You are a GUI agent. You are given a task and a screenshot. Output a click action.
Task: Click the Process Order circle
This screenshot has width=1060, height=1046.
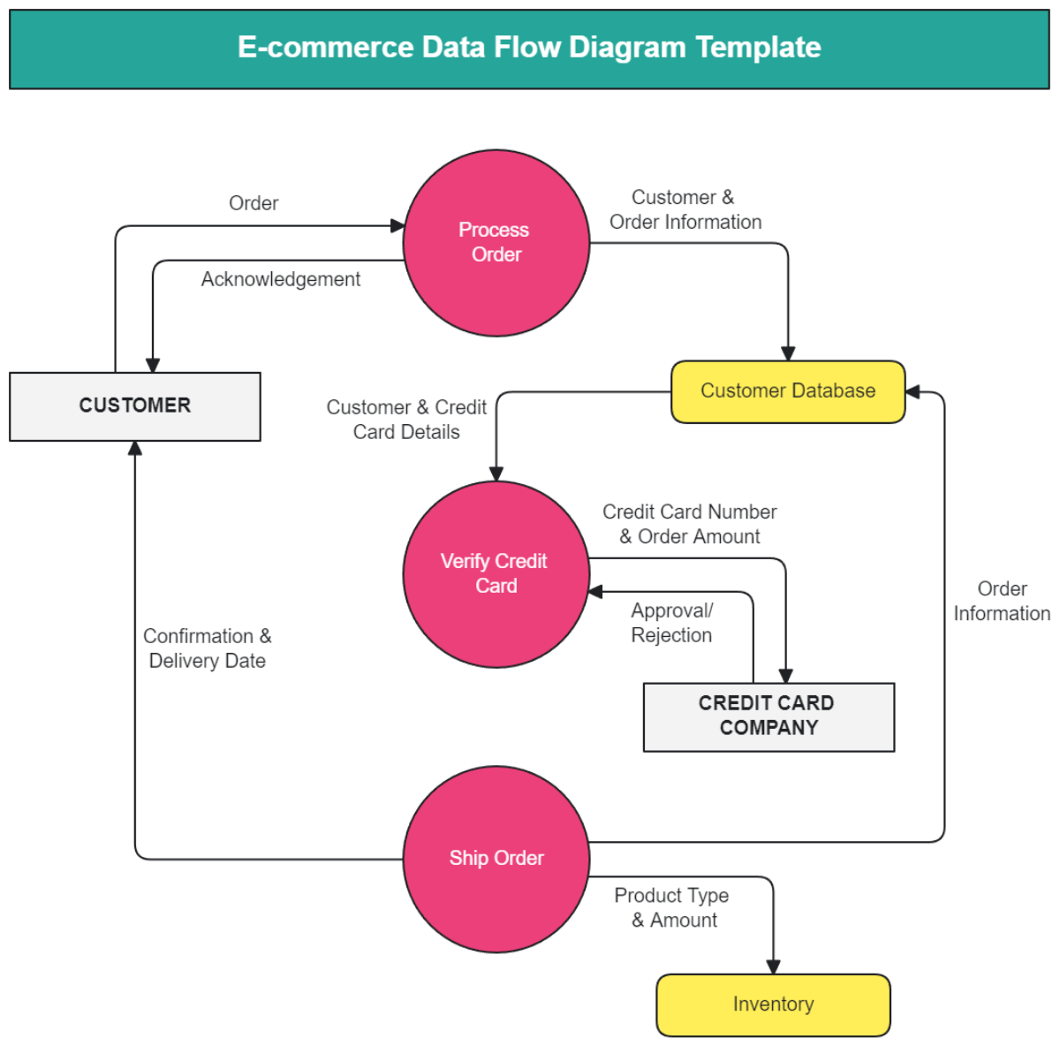(496, 243)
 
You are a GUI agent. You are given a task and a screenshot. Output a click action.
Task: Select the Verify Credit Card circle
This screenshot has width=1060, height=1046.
(496, 574)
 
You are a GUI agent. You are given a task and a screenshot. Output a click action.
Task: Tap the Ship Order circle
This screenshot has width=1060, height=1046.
(496, 859)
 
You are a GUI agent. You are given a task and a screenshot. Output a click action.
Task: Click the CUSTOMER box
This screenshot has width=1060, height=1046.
(135, 406)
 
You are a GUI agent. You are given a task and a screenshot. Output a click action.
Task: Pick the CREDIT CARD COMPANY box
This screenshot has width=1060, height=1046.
(768, 716)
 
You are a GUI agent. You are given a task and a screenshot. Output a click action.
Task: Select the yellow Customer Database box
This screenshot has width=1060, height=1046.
(788, 391)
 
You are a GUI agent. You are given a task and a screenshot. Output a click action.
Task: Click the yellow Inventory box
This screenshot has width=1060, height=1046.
(773, 1004)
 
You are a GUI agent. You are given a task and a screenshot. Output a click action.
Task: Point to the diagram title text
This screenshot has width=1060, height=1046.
(529, 48)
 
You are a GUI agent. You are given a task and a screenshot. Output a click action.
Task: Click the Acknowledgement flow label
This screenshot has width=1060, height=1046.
(281, 280)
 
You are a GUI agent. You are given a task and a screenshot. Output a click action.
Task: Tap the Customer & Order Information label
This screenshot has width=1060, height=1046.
(685, 210)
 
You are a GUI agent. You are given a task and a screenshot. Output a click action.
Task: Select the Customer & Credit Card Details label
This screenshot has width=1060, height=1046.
(406, 420)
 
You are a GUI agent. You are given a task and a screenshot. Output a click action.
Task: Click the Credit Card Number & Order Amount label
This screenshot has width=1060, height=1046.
(689, 524)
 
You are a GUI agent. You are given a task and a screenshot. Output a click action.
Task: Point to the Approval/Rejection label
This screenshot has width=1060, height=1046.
(671, 623)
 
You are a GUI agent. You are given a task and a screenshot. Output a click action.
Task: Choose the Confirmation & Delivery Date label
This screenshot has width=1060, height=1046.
(208, 648)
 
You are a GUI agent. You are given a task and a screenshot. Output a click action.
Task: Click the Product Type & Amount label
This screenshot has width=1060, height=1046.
(672, 908)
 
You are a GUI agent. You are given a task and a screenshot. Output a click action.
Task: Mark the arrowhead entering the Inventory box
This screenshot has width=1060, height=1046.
(773, 966)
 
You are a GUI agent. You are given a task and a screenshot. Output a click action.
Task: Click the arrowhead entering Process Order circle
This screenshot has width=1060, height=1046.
(397, 226)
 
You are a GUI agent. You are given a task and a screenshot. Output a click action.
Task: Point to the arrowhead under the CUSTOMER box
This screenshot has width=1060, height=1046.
(135, 448)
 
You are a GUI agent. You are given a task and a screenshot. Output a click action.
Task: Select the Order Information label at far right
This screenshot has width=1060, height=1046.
(1002, 602)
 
